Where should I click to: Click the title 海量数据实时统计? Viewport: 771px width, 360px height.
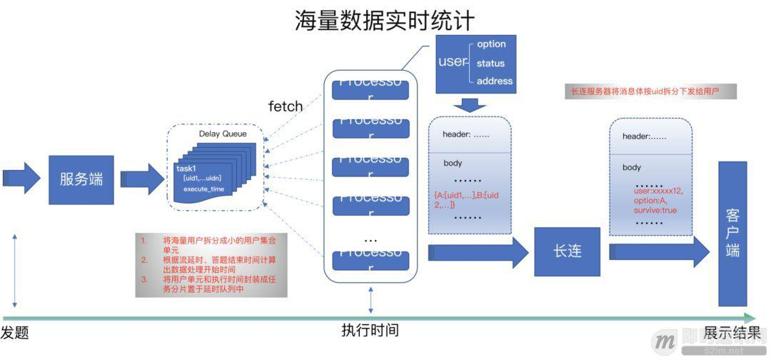pyautogui.click(x=385, y=20)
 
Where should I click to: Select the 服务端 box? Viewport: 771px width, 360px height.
pyautogui.click(x=81, y=179)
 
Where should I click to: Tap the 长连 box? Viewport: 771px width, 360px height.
pyautogui.click(x=568, y=252)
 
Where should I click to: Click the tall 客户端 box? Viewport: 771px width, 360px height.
pyautogui.click(x=732, y=233)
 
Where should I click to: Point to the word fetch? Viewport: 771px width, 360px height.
pyautogui.click(x=286, y=106)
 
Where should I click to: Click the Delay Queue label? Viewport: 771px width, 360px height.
pyautogui.click(x=223, y=134)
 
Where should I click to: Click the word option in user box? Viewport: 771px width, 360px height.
pyautogui.click(x=491, y=44)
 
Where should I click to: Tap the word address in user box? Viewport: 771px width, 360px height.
pyautogui.click(x=494, y=81)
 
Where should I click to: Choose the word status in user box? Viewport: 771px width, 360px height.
pyautogui.click(x=490, y=63)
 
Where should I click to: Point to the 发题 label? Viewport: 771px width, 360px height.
pyautogui.click(x=14, y=332)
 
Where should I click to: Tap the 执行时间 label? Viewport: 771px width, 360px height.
pyautogui.click(x=370, y=330)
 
